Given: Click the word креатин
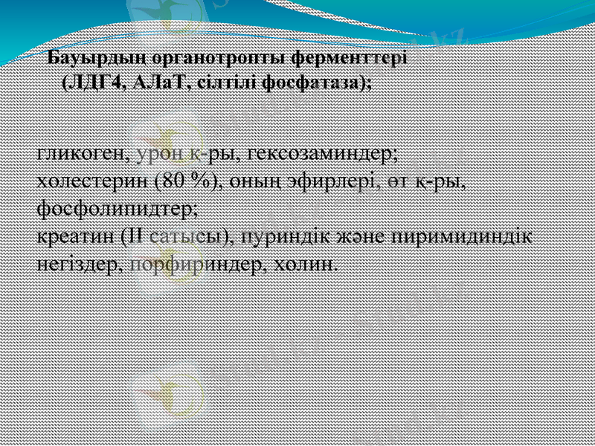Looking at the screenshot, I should (x=76, y=236).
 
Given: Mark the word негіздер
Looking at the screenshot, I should (x=78, y=264).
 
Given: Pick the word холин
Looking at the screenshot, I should (x=307, y=264).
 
